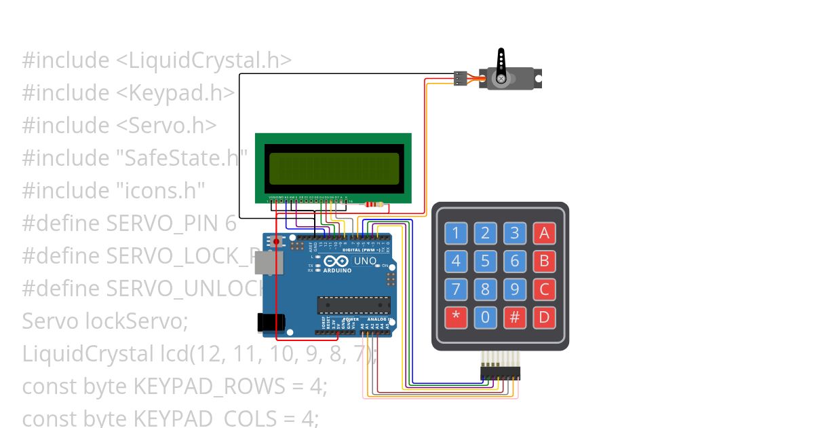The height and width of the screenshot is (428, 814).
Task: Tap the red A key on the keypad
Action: point(543,234)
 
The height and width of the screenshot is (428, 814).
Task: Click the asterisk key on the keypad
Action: point(456,317)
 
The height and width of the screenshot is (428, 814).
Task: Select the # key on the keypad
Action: point(514,317)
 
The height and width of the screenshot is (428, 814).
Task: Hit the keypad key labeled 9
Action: point(514,289)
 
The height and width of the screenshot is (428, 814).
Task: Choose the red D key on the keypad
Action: point(543,317)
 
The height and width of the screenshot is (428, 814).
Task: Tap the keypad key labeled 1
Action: point(456,234)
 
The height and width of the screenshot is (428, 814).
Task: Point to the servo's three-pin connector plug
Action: point(461,79)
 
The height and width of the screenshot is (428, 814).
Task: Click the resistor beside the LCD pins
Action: point(373,204)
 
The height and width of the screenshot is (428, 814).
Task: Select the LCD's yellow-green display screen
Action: point(334,168)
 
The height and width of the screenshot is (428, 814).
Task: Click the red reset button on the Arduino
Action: point(277,241)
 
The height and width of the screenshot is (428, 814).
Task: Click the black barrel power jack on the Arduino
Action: point(269,323)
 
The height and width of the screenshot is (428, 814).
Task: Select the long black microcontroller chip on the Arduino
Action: point(354,306)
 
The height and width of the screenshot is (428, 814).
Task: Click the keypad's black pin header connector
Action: point(500,372)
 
